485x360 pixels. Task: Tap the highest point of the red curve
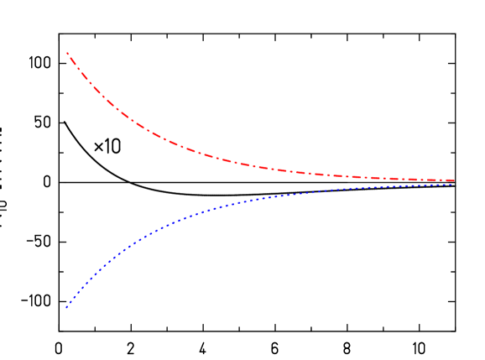pyautogui.click(x=67, y=53)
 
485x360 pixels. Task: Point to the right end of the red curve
pyautogui.click(x=454, y=180)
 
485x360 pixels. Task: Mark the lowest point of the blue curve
pyautogui.click(x=66, y=307)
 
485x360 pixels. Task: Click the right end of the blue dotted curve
pyautogui.click(x=454, y=184)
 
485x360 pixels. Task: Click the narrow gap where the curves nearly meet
pyautogui.click(x=445, y=182)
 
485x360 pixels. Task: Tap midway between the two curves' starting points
pyautogui.click(x=67, y=180)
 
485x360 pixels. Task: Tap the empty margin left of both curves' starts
pyautogui.click(x=29, y=180)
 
